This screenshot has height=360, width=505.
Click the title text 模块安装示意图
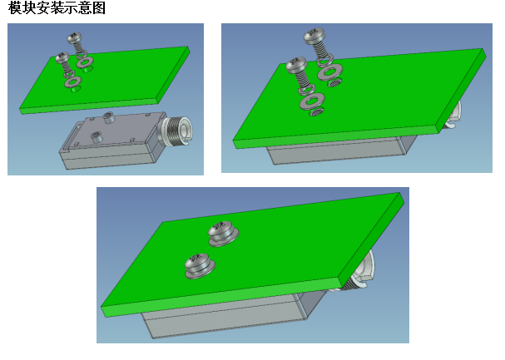point(57,7)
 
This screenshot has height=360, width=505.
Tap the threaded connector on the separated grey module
point(176,131)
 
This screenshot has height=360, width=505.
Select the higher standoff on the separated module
point(108,117)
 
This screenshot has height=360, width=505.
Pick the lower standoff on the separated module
point(97,137)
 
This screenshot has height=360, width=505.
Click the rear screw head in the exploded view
point(74,37)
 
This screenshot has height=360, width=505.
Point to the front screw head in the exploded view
point(62,57)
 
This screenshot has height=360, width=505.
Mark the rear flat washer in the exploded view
point(86,62)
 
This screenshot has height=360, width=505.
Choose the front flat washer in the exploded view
point(73,81)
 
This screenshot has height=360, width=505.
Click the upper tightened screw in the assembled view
point(223,234)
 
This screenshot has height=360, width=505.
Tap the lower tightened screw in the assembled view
point(200,266)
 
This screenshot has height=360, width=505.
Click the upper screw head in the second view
point(314,36)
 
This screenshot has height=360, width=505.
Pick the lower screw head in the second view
point(297,65)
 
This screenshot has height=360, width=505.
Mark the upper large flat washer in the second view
point(330,72)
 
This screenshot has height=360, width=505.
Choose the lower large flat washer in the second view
point(312,101)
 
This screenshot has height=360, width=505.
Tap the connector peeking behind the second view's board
point(453,116)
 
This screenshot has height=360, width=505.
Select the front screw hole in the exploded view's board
point(76,89)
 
